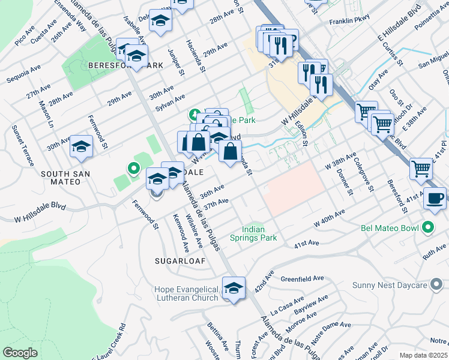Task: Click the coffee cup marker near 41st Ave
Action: (435, 198)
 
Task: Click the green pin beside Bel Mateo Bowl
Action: (427, 228)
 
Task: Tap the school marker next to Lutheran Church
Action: (234, 288)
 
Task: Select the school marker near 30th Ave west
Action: (81, 147)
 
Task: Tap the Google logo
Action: (20, 353)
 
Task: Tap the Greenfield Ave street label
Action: (303, 278)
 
